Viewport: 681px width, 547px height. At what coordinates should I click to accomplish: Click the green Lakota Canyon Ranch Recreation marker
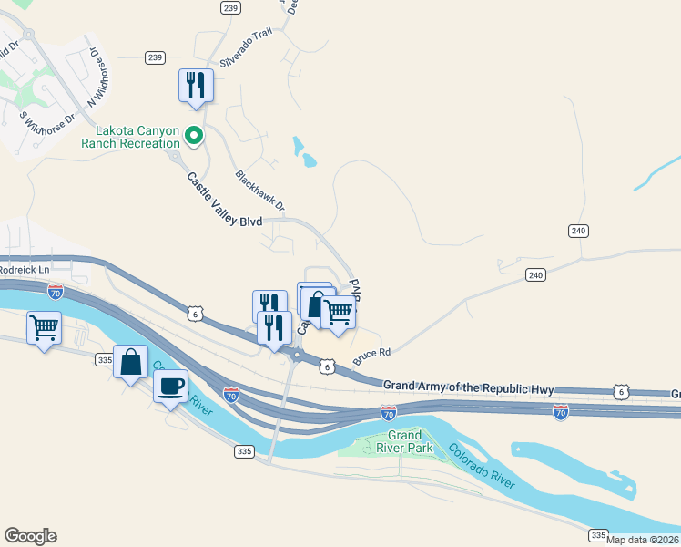(193, 136)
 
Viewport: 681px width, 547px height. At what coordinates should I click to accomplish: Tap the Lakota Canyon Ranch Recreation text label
(130, 137)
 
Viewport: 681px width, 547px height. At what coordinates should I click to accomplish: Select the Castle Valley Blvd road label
(225, 201)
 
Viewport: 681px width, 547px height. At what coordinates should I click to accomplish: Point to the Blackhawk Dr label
(259, 191)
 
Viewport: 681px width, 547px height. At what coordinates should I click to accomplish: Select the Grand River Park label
(404, 442)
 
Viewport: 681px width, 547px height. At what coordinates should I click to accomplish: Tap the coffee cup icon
(170, 387)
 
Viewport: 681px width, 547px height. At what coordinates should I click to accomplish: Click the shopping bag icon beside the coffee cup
(131, 362)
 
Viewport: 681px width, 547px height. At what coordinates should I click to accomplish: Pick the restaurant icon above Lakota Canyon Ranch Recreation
(196, 85)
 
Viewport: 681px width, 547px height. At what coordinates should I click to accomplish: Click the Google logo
(30, 536)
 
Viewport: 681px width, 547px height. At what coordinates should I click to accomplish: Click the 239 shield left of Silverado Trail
(155, 57)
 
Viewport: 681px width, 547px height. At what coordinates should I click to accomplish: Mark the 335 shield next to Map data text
(597, 534)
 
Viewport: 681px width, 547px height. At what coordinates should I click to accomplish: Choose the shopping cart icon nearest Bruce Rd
(339, 312)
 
